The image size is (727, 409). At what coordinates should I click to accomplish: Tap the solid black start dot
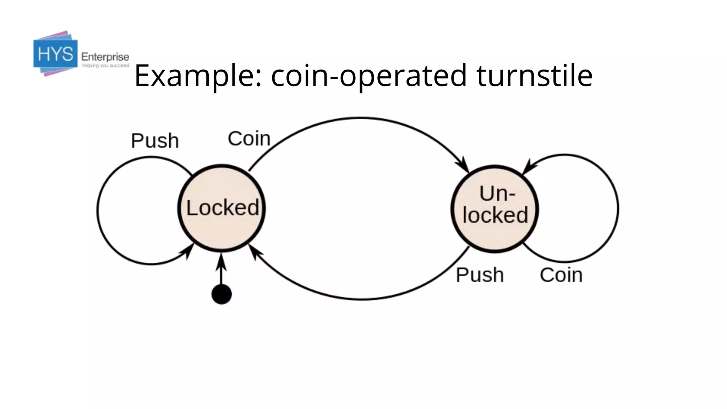(222, 294)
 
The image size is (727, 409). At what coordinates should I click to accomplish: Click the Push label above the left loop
(155, 141)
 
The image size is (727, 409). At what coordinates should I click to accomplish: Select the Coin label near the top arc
(249, 138)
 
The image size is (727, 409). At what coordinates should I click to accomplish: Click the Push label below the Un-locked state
(480, 275)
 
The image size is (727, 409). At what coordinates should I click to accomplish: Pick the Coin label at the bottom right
(561, 275)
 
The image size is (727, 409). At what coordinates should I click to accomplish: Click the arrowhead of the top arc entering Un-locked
(463, 165)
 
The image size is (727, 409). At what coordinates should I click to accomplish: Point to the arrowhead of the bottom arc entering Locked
(255, 251)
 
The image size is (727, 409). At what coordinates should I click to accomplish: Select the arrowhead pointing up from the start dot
(221, 262)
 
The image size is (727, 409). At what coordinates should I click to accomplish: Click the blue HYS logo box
(55, 54)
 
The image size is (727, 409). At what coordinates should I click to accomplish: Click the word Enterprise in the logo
(105, 57)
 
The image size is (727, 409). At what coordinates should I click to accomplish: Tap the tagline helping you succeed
(105, 66)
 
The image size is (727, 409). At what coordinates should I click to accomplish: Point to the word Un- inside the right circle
(497, 193)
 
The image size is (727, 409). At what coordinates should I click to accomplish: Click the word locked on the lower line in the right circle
(495, 215)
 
